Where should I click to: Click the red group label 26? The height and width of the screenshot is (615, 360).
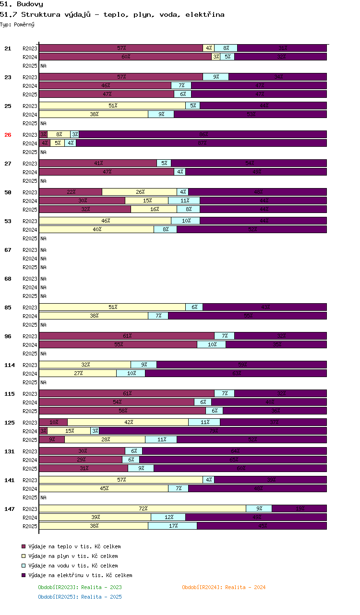(x=8, y=135)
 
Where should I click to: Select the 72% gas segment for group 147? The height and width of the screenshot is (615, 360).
(x=143, y=509)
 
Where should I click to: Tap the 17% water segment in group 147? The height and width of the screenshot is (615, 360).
(x=172, y=526)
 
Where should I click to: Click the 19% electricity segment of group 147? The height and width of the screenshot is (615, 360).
(x=299, y=509)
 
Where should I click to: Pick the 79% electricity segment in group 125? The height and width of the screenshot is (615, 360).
(x=213, y=431)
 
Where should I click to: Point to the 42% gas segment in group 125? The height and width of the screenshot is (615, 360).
(x=128, y=422)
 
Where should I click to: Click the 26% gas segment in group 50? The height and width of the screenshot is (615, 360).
(x=140, y=192)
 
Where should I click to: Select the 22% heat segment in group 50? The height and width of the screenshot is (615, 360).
(x=71, y=192)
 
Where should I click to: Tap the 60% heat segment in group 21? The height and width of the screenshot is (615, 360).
(x=125, y=57)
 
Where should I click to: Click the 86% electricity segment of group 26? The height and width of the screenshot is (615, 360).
(x=203, y=134)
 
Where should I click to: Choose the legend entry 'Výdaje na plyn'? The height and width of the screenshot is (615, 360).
(x=73, y=556)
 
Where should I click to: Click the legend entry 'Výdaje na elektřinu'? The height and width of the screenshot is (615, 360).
(x=80, y=575)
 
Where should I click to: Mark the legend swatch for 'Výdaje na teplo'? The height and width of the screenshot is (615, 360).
(x=24, y=546)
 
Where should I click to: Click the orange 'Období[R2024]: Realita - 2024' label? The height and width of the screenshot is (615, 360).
(x=224, y=587)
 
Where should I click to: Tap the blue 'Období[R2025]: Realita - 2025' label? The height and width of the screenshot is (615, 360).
(x=80, y=597)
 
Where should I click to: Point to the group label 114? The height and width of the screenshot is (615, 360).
(x=10, y=365)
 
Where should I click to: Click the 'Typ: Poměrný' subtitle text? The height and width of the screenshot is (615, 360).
(x=17, y=24)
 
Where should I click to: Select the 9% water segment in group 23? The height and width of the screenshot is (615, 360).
(x=216, y=77)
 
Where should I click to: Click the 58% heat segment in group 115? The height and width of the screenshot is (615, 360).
(x=122, y=411)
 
